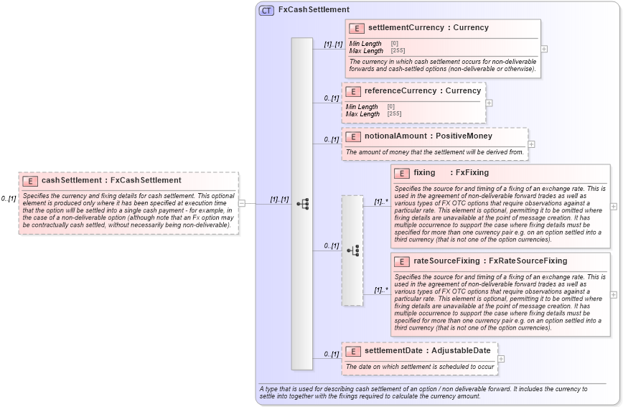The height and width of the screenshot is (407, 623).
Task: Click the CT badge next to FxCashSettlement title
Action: pyautogui.click(x=266, y=10)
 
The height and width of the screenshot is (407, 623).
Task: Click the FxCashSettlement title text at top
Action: pyautogui.click(x=314, y=10)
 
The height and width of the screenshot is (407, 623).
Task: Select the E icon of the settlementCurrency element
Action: pyautogui.click(x=356, y=28)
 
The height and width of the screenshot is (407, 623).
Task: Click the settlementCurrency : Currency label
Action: pyautogui.click(x=428, y=28)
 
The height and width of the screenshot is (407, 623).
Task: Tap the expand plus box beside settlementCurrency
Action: pyautogui.click(x=544, y=49)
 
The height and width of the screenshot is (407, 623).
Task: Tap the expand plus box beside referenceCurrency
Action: pyautogui.click(x=489, y=103)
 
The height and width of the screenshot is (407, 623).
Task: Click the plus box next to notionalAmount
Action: pyautogui.click(x=531, y=144)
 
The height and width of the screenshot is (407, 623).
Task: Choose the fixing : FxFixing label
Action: pyautogui.click(x=451, y=173)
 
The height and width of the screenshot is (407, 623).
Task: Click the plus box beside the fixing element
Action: pyautogui.click(x=614, y=206)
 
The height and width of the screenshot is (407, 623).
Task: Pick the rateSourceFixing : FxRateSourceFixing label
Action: pyautogui.click(x=490, y=261)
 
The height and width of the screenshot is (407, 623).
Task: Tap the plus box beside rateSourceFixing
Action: pyautogui.click(x=614, y=294)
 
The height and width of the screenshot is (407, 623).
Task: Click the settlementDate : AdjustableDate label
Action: pyautogui.click(x=427, y=350)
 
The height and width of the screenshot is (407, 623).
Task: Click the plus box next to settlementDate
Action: pyautogui.click(x=501, y=359)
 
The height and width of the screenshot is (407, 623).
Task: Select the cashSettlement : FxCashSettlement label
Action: pyautogui.click(x=111, y=181)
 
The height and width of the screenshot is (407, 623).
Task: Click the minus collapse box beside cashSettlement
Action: pyautogui.click(x=242, y=203)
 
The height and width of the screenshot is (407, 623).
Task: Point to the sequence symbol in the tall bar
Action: pyautogui.click(x=302, y=204)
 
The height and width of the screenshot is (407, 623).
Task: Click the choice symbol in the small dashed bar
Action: pyautogui.click(x=352, y=250)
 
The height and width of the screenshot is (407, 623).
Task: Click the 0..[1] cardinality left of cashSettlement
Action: pyautogui.click(x=9, y=199)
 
